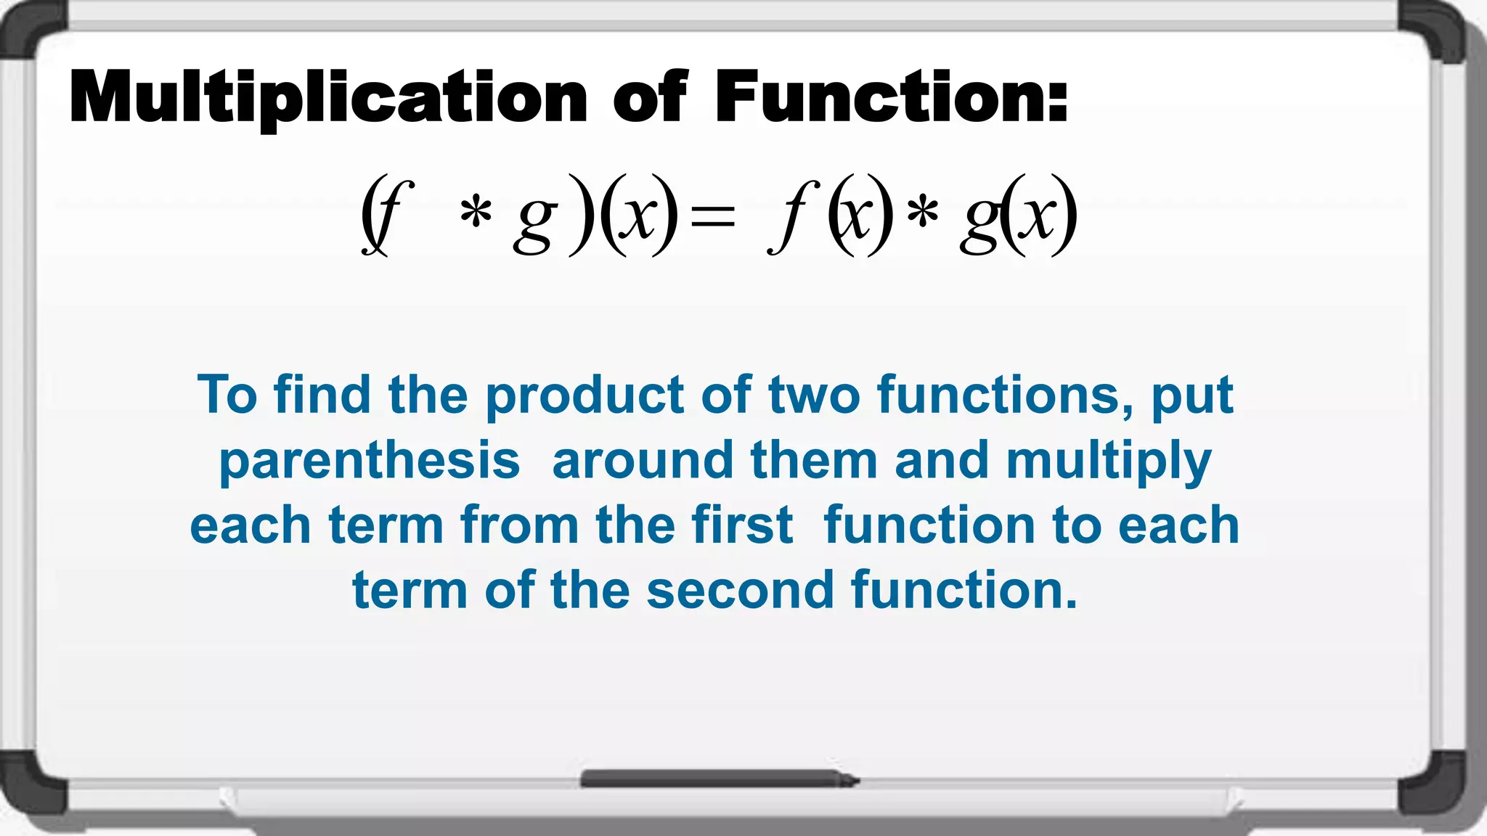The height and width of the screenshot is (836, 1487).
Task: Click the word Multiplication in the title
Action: coord(328,98)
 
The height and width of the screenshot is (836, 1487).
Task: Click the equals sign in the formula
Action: coord(712,216)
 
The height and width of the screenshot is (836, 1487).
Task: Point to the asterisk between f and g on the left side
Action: coord(476,213)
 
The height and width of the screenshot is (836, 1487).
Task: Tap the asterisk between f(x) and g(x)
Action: coord(922,213)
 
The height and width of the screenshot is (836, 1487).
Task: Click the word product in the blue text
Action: coord(584,396)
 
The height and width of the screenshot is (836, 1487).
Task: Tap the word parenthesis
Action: coord(370,462)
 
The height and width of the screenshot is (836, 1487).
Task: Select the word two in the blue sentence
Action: coord(814,396)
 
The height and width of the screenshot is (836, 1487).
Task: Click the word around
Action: coord(643,462)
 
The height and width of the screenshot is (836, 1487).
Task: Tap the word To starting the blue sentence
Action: coord(227,396)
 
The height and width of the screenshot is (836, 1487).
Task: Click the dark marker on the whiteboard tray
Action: coord(719,779)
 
